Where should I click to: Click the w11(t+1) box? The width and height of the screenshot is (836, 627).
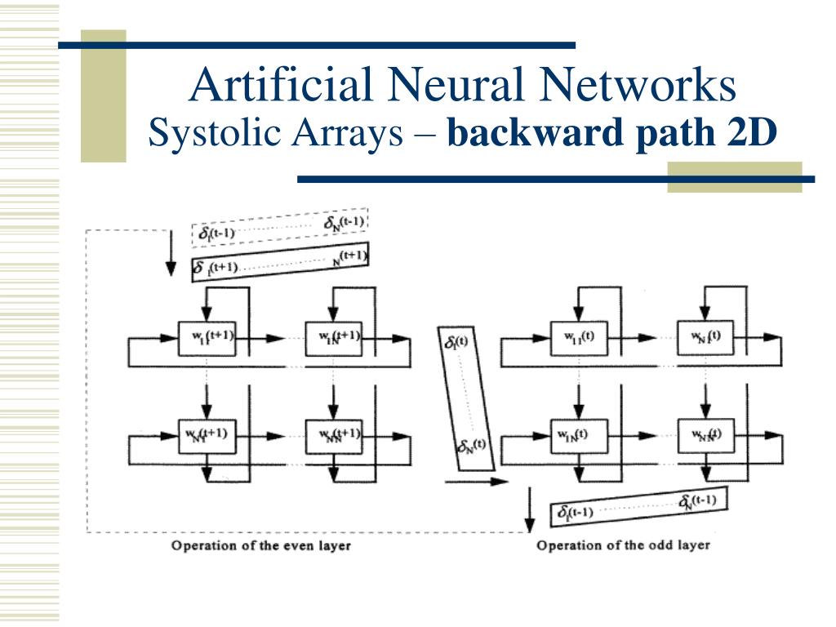click(207, 337)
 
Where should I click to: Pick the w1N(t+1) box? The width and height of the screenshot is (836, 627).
click(333, 337)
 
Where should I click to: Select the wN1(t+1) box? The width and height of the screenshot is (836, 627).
click(207, 435)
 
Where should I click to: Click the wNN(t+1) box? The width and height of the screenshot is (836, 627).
click(333, 435)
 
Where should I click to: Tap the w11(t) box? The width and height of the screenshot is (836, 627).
click(580, 337)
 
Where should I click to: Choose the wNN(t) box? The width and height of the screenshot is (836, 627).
click(706, 435)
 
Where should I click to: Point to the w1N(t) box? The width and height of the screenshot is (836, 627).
click(580, 435)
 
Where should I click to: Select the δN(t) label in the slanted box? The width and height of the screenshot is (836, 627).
click(472, 446)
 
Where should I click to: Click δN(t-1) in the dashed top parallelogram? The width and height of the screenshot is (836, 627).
click(343, 222)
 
